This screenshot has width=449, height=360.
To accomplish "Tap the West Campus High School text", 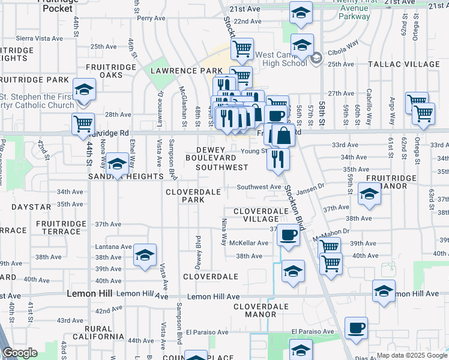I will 281,59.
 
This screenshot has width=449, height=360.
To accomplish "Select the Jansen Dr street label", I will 310,188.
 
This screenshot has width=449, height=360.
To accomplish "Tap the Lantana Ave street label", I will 113,247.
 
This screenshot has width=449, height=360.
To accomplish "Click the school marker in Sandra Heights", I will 116,163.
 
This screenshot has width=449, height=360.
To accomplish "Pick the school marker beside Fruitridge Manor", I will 369,193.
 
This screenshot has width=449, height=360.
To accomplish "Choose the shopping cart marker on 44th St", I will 83,124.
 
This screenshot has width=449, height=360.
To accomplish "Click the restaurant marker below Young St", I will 278,158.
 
